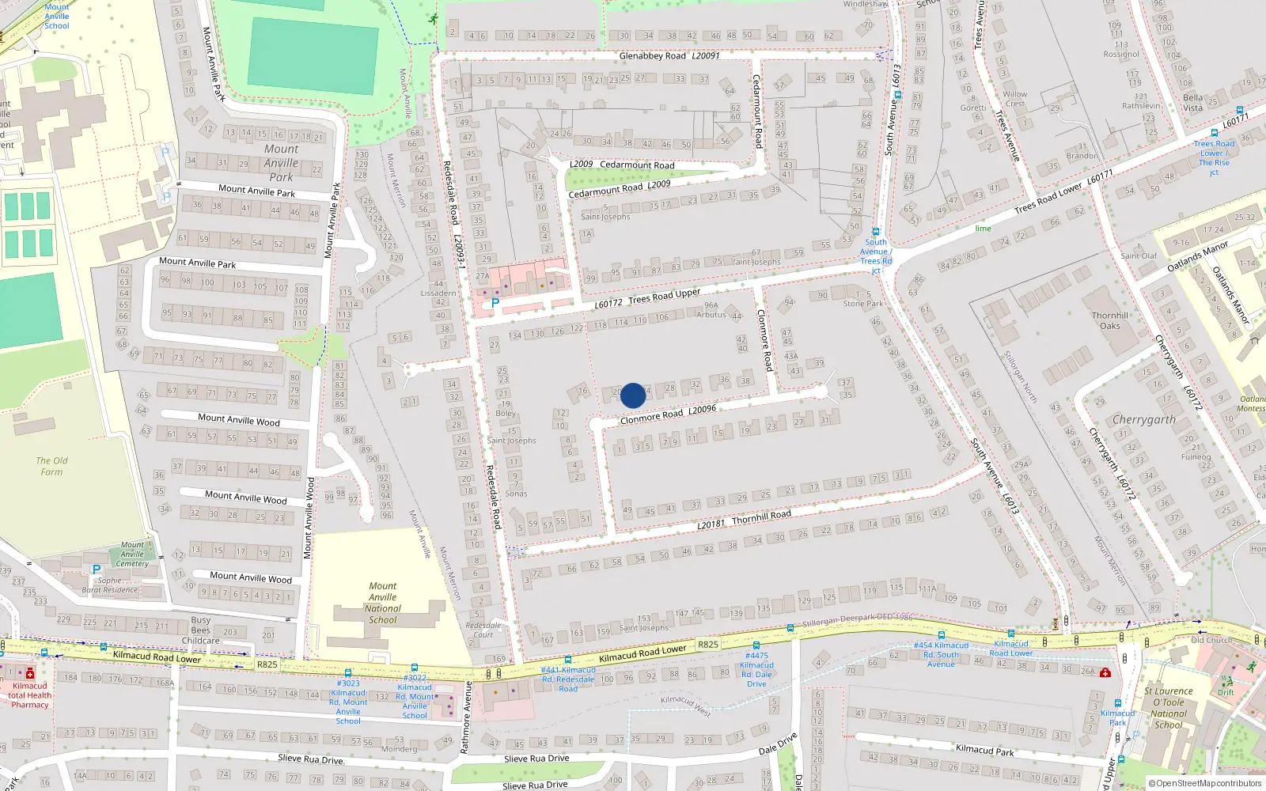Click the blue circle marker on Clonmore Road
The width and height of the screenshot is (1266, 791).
633,395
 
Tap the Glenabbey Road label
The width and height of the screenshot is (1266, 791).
653,56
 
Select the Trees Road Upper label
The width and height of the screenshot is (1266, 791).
664,296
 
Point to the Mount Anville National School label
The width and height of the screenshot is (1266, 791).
383,603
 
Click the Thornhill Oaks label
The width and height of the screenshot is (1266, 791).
1110,320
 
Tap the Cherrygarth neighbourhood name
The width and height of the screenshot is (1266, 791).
1143,419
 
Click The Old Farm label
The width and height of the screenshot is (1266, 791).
51,466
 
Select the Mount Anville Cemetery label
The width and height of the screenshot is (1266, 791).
132,554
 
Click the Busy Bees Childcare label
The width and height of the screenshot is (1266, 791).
201,630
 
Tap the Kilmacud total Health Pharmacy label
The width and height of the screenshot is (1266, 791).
30,695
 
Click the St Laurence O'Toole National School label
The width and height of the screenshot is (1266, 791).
1169,707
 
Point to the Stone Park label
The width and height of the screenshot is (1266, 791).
862,304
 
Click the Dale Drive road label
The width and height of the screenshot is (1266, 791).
778,744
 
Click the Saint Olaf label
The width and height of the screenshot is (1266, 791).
1139,255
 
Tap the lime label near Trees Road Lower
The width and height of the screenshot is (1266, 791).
983,229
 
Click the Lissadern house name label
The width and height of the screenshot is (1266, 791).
438,293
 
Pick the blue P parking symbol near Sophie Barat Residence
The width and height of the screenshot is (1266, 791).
97,570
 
